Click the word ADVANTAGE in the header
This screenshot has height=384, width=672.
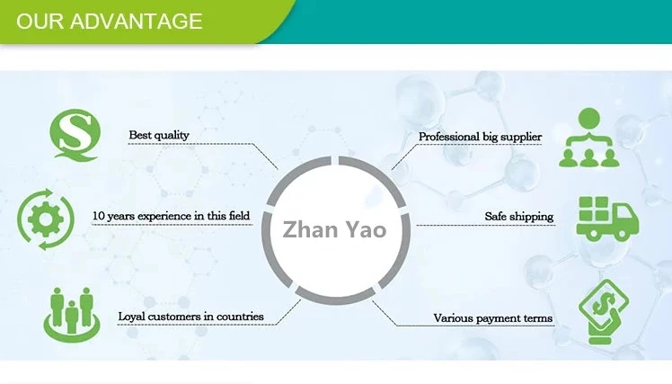pyautogui.click(x=137, y=21)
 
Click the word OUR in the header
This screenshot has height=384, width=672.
pyautogui.click(x=40, y=21)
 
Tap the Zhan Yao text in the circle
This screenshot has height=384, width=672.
pyautogui.click(x=334, y=229)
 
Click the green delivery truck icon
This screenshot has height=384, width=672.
pyautogui.click(x=606, y=219)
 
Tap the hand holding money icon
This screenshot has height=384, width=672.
pyautogui.click(x=603, y=311)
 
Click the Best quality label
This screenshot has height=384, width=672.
pyautogui.click(x=159, y=135)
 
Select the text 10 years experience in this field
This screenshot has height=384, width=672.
pyautogui.click(x=171, y=217)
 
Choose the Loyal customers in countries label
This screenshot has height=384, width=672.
pyautogui.click(x=190, y=317)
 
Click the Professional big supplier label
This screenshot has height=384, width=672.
pyautogui.click(x=480, y=137)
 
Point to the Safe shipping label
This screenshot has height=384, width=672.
pyautogui.click(x=519, y=217)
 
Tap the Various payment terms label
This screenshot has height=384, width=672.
pyautogui.click(x=493, y=318)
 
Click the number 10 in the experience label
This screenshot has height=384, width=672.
pyautogui.click(x=99, y=217)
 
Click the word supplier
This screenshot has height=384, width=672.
pyautogui.click(x=521, y=137)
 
